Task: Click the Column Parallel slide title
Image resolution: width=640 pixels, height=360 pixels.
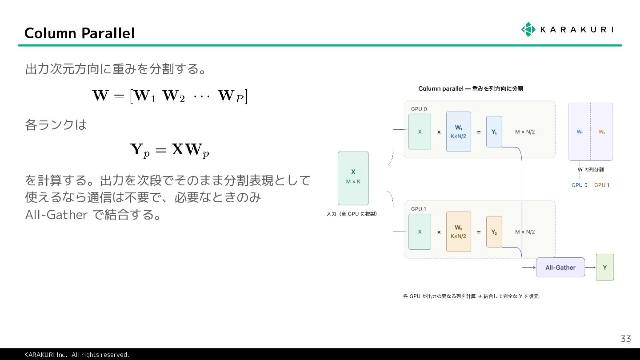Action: click(80, 33)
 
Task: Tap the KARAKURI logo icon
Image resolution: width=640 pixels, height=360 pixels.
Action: click(528, 29)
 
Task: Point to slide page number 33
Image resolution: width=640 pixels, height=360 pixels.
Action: click(625, 339)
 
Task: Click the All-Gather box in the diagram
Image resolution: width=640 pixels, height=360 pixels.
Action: click(560, 268)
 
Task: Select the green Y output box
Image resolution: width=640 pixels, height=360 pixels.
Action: click(604, 267)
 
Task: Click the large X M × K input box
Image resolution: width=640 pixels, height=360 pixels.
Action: click(353, 178)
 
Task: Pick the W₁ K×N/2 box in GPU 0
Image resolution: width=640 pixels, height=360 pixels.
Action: click(458, 132)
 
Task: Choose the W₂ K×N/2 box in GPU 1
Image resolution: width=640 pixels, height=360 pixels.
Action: click(458, 232)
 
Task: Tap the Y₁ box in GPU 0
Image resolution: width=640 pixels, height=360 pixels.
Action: click(494, 132)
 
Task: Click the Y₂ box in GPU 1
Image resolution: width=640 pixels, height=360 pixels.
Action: click(494, 232)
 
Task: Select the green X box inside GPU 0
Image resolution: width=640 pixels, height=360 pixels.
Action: click(420, 132)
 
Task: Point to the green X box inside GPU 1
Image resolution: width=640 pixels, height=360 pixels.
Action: click(420, 232)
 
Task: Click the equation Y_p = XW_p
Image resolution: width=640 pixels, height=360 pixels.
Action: click(169, 150)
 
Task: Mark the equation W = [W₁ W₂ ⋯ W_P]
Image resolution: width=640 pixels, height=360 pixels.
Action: click(169, 96)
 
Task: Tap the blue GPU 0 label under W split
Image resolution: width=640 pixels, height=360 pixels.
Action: click(579, 185)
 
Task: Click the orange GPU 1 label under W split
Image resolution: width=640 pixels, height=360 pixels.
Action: click(602, 185)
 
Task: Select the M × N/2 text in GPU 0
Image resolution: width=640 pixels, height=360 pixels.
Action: click(525, 132)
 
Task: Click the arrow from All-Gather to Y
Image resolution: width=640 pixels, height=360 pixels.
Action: click(590, 267)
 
